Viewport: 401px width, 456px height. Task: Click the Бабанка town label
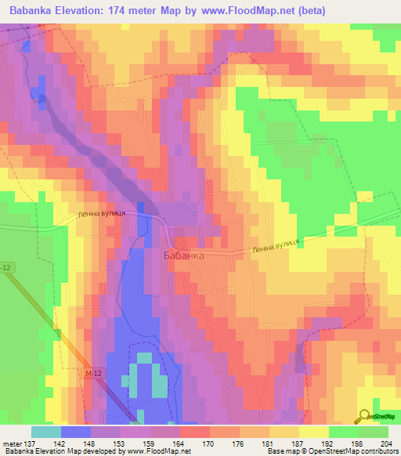pos(184,255)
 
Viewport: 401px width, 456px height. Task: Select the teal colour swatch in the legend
pos(46,431)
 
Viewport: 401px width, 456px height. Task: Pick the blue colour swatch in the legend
pos(76,431)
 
